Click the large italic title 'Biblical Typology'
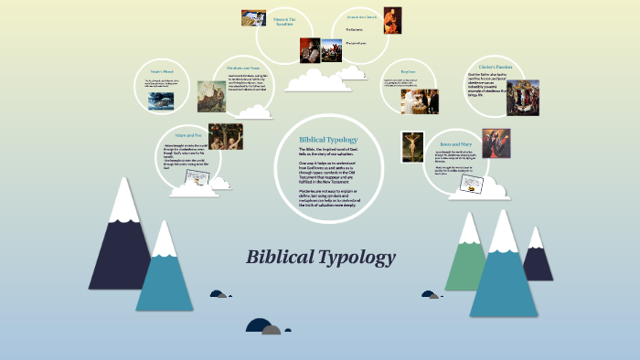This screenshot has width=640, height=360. pyautogui.click(x=320, y=257)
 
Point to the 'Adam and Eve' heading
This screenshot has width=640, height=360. pyautogui.click(x=186, y=133)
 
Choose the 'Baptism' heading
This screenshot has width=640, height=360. pyautogui.click(x=408, y=70)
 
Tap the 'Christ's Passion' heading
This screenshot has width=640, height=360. pyautogui.click(x=498, y=67)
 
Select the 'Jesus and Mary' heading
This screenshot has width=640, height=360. pyautogui.click(x=457, y=143)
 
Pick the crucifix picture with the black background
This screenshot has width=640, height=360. pyautogui.click(x=412, y=146)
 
